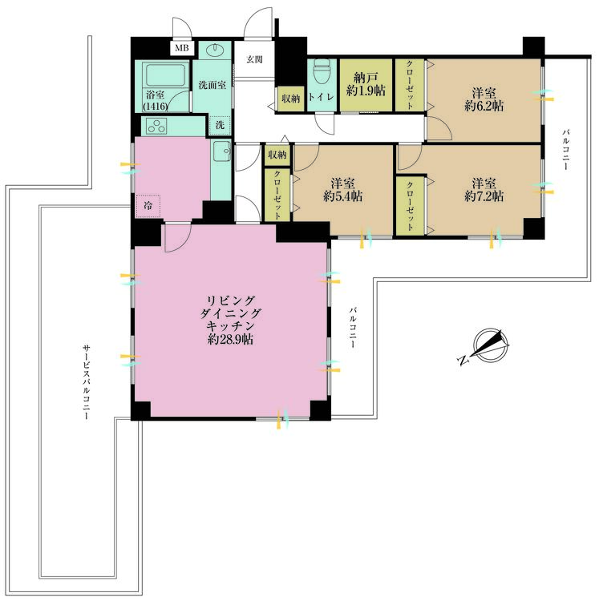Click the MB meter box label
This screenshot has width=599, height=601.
pyautogui.click(x=182, y=48)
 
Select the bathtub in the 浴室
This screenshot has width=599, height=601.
pyautogui.click(x=165, y=75)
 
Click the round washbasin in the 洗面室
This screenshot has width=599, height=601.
pyautogui.click(x=215, y=50)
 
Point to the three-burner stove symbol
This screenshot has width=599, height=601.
pyautogui.click(x=156, y=127)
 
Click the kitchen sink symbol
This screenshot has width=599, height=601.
pyautogui.click(x=222, y=151)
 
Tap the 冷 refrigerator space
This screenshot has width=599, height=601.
pyautogui.click(x=148, y=206)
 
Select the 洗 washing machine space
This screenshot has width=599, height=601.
pyautogui.click(x=220, y=125)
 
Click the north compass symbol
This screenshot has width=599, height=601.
pyautogui.click(x=485, y=345)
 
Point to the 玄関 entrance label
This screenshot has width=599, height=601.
pyautogui.click(x=255, y=59)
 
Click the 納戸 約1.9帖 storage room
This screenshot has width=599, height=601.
pyautogui.click(x=366, y=85)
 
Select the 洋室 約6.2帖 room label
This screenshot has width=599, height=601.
pyautogui.click(x=484, y=99)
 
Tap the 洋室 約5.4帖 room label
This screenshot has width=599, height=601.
pyautogui.click(x=343, y=190)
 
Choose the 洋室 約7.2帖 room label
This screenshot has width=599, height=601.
pyautogui.click(x=484, y=190)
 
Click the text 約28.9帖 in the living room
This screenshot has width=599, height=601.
pyautogui.click(x=230, y=339)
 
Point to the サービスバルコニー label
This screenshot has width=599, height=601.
pyautogui.click(x=87, y=381)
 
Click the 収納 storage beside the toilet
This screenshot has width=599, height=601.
pyautogui.click(x=291, y=99)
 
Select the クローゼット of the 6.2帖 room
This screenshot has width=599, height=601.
pyautogui.click(x=410, y=85)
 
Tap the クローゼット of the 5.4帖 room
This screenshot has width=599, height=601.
pyautogui.click(x=277, y=195)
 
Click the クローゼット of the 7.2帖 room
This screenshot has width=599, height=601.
pyautogui.click(x=410, y=206)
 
